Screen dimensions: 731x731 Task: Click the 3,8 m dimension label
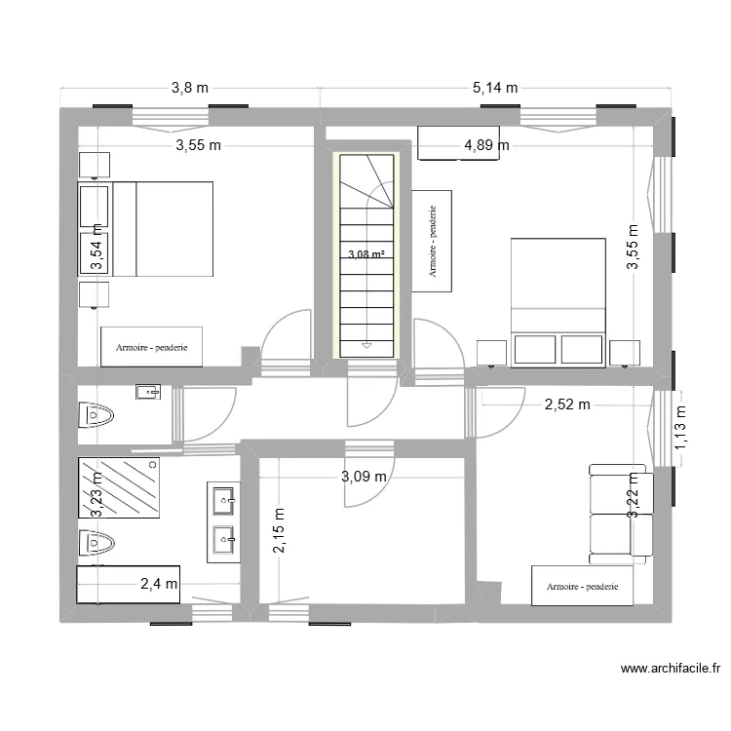tap(190, 88)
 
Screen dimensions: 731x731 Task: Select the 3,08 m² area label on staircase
tap(365, 255)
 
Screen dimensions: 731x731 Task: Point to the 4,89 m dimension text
tap(486, 146)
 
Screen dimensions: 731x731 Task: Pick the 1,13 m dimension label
tap(681, 430)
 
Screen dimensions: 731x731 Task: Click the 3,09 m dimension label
tap(365, 477)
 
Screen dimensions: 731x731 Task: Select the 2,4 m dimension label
tap(159, 585)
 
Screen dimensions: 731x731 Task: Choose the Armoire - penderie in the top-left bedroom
tap(151, 346)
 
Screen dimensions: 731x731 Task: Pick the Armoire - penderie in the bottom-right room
tap(583, 587)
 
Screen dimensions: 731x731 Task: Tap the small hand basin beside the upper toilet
tap(147, 392)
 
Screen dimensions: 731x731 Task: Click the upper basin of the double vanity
tap(224, 501)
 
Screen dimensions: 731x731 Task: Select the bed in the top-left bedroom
tap(162, 229)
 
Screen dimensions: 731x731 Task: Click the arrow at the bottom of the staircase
tap(366, 344)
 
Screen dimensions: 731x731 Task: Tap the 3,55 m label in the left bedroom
tap(199, 146)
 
